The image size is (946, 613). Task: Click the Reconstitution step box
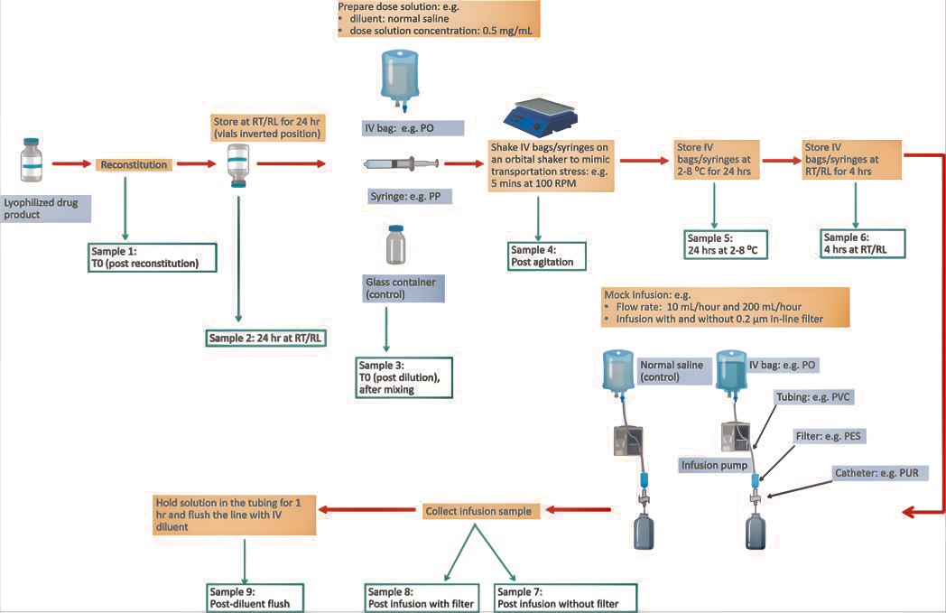pos(134,164)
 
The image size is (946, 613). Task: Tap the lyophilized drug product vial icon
pos(32,159)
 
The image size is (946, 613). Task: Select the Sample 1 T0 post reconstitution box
pos(152,257)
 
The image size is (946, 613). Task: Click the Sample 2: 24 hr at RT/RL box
pos(265,338)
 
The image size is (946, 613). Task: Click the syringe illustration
pos(401,163)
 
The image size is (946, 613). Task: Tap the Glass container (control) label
pos(403,288)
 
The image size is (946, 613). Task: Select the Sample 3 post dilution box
pos(403,377)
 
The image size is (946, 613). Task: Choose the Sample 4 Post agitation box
pos(547,256)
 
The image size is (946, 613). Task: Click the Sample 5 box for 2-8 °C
pos(727,245)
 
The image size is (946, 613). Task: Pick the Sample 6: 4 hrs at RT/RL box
pos(862,244)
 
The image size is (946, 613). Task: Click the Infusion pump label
pos(714,465)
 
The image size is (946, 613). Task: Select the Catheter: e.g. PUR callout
pos(877,473)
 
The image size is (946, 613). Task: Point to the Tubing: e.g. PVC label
pos(813,397)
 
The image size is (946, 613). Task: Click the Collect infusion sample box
pos(479,511)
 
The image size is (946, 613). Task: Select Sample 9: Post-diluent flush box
pos(254,598)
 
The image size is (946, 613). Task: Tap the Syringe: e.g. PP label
pos(409,196)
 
